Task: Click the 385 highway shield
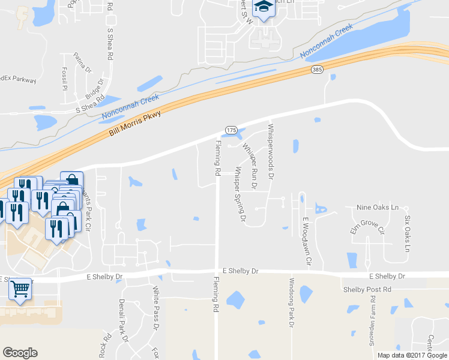point(318,70)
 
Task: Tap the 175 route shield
point(231,130)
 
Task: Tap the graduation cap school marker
point(263,8)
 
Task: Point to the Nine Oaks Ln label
point(378,208)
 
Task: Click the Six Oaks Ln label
point(408,233)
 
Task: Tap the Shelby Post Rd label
point(367,290)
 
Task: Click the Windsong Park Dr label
point(292,302)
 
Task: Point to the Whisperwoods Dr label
point(271,152)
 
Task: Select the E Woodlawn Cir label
point(307,241)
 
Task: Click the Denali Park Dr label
point(124,320)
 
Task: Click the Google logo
point(20,353)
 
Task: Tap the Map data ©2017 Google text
point(411,355)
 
